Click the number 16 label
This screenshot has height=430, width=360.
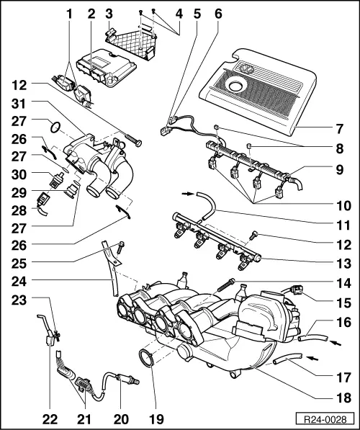(342, 324)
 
